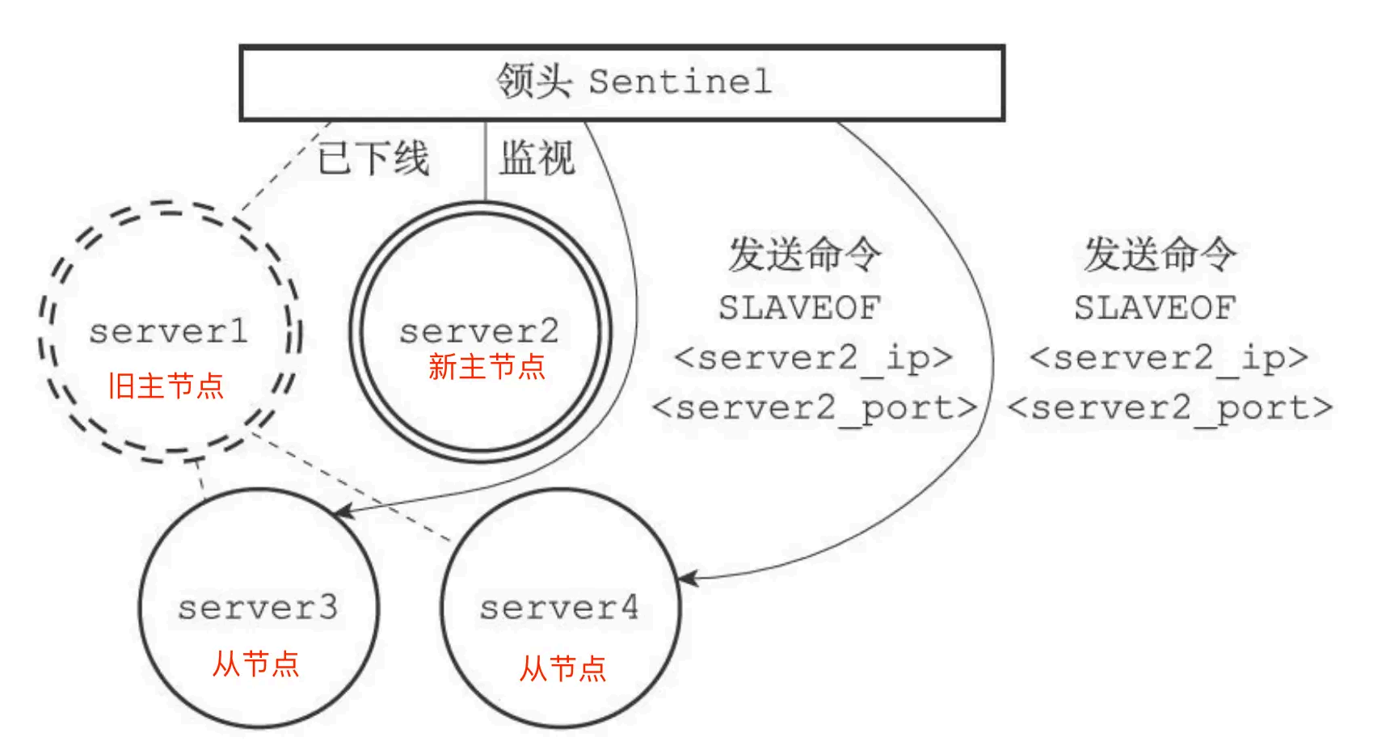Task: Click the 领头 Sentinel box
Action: [x=621, y=82]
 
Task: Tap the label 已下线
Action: [x=373, y=158]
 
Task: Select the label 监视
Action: [x=536, y=158]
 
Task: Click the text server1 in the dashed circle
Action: [x=168, y=331]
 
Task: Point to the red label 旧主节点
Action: [x=166, y=386]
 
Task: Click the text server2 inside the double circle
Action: [x=478, y=331]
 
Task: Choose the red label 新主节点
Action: [x=486, y=367]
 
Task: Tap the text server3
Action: [x=257, y=608]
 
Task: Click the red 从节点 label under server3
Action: [x=255, y=664]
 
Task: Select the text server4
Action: [x=559, y=608]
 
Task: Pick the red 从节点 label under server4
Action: [x=562, y=669]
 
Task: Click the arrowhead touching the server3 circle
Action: [x=343, y=512]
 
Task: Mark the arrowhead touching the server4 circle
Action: [x=688, y=579]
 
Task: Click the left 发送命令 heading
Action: [x=804, y=254]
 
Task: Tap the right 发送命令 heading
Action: [x=1160, y=254]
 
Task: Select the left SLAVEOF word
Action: [x=799, y=308]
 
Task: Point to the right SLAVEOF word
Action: [x=1155, y=308]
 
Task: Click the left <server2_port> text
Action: [x=815, y=408]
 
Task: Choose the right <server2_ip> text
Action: [x=1169, y=357]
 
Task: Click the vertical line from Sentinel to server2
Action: [x=486, y=162]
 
